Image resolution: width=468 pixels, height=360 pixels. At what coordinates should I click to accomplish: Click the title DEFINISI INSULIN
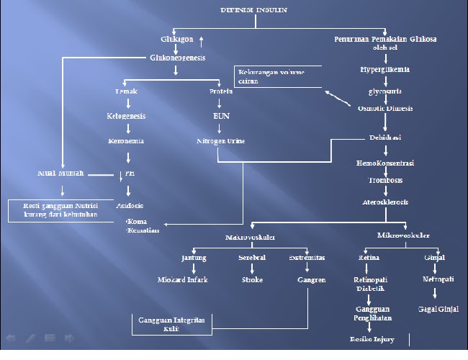(x=253, y=10)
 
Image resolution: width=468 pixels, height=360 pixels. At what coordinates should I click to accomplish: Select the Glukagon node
(x=176, y=39)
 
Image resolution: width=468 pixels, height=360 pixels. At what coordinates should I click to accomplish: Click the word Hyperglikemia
(x=385, y=70)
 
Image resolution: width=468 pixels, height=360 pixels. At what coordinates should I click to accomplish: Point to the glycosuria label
(x=385, y=91)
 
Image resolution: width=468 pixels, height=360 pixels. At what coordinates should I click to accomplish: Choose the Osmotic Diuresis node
(x=385, y=108)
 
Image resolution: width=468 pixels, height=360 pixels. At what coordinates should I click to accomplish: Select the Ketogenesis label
(x=126, y=115)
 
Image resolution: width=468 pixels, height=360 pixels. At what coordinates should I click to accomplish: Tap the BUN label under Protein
(x=220, y=115)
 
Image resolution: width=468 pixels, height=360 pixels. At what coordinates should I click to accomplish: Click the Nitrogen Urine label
(x=220, y=141)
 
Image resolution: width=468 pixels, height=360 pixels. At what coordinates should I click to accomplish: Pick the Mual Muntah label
(x=60, y=173)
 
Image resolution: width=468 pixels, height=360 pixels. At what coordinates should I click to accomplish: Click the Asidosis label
(x=130, y=205)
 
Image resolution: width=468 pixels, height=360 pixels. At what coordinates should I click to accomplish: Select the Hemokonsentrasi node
(x=385, y=163)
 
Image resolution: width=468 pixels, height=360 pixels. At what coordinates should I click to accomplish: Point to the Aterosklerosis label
(x=385, y=202)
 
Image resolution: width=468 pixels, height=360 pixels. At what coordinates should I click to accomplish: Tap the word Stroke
(x=252, y=279)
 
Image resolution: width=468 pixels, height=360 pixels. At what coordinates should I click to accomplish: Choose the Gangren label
(x=311, y=279)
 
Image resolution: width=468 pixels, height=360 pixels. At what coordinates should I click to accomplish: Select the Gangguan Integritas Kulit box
(x=172, y=323)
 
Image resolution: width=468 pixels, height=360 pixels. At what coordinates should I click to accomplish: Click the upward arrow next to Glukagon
(x=202, y=40)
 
